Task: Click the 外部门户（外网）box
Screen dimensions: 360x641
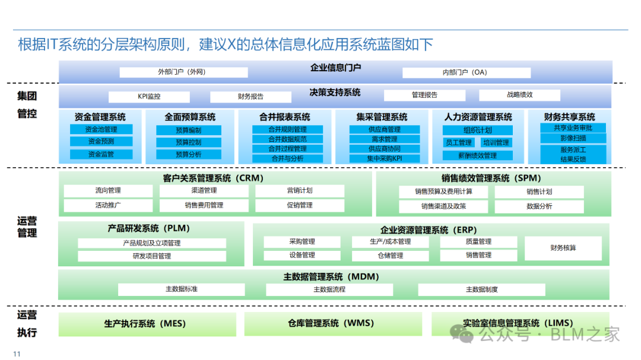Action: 183,72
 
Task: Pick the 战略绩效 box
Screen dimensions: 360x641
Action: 519,95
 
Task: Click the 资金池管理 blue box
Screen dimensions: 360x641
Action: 101,129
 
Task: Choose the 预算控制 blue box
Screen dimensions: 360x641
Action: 188,142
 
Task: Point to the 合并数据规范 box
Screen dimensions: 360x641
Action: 287,139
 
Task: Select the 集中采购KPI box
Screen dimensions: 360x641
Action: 384,158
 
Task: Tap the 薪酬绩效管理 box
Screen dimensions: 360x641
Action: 478,155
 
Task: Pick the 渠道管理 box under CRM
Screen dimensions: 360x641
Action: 204,191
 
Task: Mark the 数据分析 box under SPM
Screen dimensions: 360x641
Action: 539,206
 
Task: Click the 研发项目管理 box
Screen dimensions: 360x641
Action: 152,256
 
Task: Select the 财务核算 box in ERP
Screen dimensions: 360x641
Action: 563,248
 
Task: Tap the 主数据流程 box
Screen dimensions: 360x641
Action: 329,290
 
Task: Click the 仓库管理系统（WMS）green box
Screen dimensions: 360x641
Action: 331,324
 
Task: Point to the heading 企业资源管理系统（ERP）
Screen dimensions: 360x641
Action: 429,230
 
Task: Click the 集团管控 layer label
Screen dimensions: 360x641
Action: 27,104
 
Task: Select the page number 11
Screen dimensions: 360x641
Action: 17,354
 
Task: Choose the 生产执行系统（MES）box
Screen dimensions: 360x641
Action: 147,324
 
